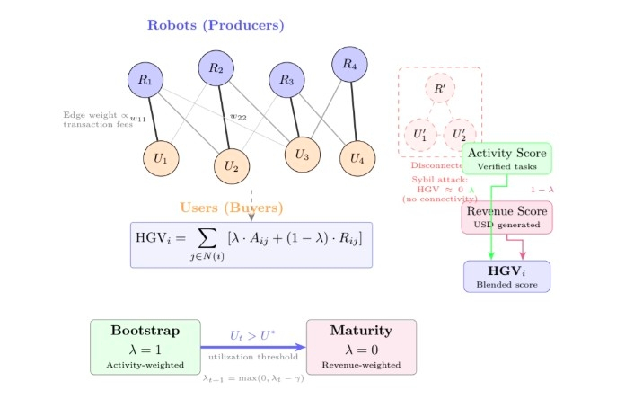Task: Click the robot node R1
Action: pyautogui.click(x=145, y=79)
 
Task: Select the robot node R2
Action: pyautogui.click(x=216, y=67)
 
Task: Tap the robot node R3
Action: pyautogui.click(x=287, y=80)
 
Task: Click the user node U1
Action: pyautogui.click(x=161, y=158)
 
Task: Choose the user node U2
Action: pyautogui.click(x=231, y=165)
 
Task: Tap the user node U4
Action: pyautogui.click(x=357, y=159)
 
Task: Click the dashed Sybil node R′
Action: pyautogui.click(x=439, y=89)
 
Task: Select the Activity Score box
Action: pyautogui.click(x=506, y=159)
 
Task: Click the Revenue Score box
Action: pyautogui.click(x=507, y=217)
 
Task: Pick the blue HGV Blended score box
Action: pyautogui.click(x=506, y=276)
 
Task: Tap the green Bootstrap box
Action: pyautogui.click(x=145, y=346)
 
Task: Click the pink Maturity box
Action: pyautogui.click(x=361, y=346)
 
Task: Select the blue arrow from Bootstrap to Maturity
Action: pyautogui.click(x=253, y=347)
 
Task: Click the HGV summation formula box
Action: pyautogui.click(x=251, y=244)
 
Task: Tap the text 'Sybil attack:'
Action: pyautogui.click(x=434, y=180)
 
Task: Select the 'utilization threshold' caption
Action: pyautogui.click(x=252, y=359)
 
